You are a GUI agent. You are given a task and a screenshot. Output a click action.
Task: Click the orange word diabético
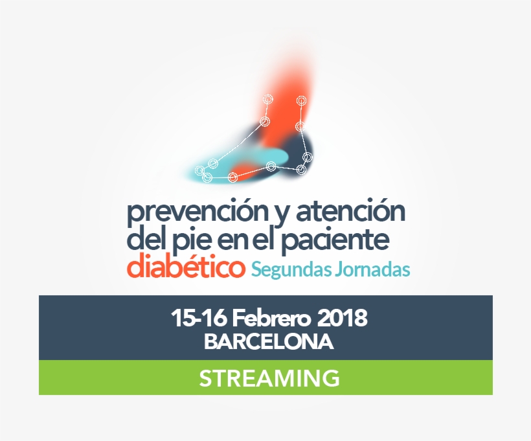[x=185, y=267]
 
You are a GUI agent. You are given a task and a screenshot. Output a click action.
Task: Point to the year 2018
[x=343, y=319]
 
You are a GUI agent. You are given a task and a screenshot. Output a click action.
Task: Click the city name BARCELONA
[x=269, y=341]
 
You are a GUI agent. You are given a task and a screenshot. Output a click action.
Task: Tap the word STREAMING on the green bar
[x=269, y=378]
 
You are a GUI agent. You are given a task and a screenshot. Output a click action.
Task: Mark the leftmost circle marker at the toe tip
[x=200, y=171]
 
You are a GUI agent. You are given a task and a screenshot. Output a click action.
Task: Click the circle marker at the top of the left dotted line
[x=268, y=99]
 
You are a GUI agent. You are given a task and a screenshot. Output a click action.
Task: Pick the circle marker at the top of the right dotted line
[x=301, y=100]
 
